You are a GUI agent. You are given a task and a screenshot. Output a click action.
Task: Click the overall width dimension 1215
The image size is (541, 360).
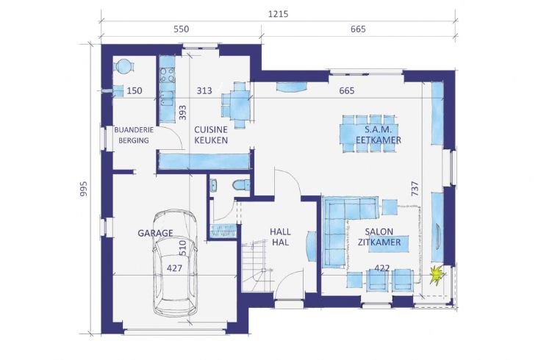point(278,14)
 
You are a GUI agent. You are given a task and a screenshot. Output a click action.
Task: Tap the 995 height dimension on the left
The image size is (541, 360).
point(84,189)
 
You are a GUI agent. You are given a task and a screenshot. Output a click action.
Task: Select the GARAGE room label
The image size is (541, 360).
point(155,233)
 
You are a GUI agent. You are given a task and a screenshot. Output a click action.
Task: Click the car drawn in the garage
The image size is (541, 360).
point(175,263)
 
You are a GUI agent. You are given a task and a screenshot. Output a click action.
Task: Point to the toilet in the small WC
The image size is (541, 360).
point(241,185)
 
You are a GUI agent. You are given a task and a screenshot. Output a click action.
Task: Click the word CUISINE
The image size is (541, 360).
point(211,130)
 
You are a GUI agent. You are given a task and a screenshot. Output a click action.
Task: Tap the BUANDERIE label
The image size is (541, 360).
point(134,130)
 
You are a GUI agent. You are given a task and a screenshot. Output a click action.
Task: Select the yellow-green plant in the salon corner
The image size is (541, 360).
point(437,275)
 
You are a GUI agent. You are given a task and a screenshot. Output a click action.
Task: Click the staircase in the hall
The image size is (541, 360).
point(257,267)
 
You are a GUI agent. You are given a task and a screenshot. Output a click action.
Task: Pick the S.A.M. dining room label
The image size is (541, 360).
point(379,130)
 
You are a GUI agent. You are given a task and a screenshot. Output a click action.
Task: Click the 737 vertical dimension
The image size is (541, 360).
point(415,189)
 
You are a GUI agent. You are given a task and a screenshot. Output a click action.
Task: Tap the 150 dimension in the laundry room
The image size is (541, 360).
point(135,90)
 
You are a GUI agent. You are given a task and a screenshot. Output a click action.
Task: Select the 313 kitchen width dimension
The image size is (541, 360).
point(204,90)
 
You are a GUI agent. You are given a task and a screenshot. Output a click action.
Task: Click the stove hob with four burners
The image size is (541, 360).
point(168,75)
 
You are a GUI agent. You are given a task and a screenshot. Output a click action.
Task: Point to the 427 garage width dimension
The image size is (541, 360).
point(174,268)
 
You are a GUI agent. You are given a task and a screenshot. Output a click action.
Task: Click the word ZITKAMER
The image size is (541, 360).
point(379,242)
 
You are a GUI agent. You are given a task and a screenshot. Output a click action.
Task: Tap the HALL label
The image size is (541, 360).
point(280,231)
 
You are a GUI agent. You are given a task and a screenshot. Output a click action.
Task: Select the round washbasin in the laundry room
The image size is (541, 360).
point(123,66)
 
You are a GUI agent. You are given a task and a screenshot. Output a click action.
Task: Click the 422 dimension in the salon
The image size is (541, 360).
point(382,268)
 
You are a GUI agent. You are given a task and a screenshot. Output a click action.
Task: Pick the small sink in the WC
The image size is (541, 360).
point(213,185)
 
